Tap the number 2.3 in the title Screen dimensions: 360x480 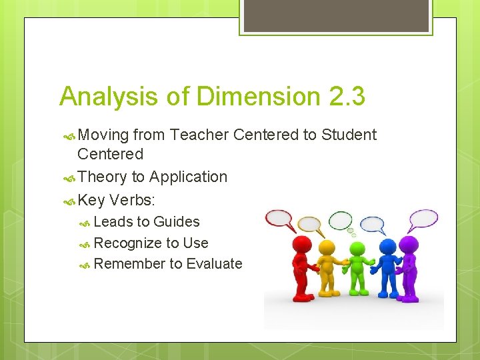347,97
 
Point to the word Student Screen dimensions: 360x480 349,135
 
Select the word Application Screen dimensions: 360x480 188,177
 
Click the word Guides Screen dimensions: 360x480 177,222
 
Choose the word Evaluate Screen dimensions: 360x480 214,264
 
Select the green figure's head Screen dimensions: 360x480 358,249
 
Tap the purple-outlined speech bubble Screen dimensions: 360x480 423,219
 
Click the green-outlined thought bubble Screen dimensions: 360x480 341,220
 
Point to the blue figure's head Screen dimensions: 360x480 388,246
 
